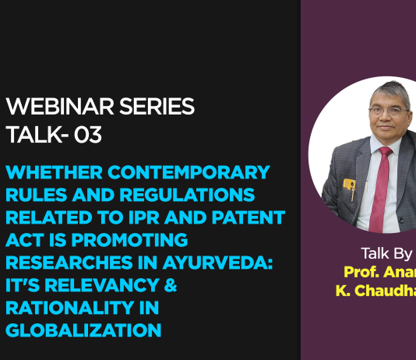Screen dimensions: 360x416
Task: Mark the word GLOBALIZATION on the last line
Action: pyautogui.click(x=83, y=330)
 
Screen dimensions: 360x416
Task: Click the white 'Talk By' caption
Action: pyautogui.click(x=386, y=253)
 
